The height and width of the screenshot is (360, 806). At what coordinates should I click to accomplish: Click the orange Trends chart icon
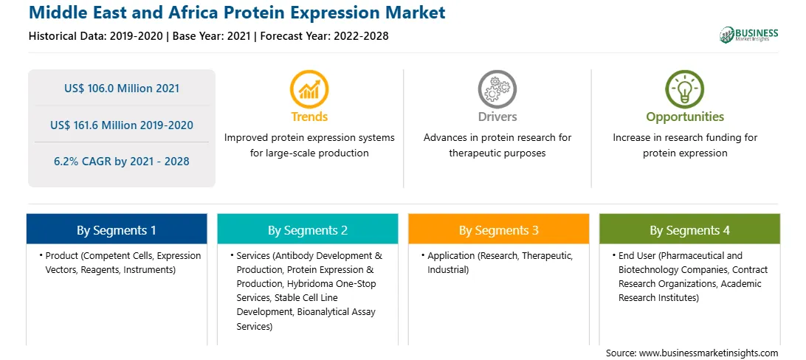pyautogui.click(x=309, y=89)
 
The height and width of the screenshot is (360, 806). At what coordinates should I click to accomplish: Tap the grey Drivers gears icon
pyautogui.click(x=497, y=89)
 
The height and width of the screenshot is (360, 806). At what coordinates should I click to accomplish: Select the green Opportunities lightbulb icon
pyautogui.click(x=685, y=89)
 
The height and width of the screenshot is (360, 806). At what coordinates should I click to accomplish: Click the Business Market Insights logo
pyautogui.click(x=749, y=35)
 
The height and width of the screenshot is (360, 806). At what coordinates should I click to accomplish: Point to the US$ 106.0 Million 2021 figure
pyautogui.click(x=122, y=89)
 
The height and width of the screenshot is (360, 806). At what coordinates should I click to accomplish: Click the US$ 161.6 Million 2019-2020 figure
pyautogui.click(x=122, y=125)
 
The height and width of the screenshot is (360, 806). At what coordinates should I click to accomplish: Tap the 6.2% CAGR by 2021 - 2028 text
pyautogui.click(x=122, y=162)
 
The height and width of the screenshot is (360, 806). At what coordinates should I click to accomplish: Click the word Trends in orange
pyautogui.click(x=309, y=117)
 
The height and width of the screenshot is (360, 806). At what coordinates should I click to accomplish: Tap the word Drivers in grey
pyautogui.click(x=497, y=117)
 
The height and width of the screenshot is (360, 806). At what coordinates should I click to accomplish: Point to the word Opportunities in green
pyautogui.click(x=685, y=117)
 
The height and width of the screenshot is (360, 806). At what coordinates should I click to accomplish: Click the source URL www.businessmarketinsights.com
pyautogui.click(x=709, y=353)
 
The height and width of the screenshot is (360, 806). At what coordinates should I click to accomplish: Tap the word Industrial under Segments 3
pyautogui.click(x=447, y=269)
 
